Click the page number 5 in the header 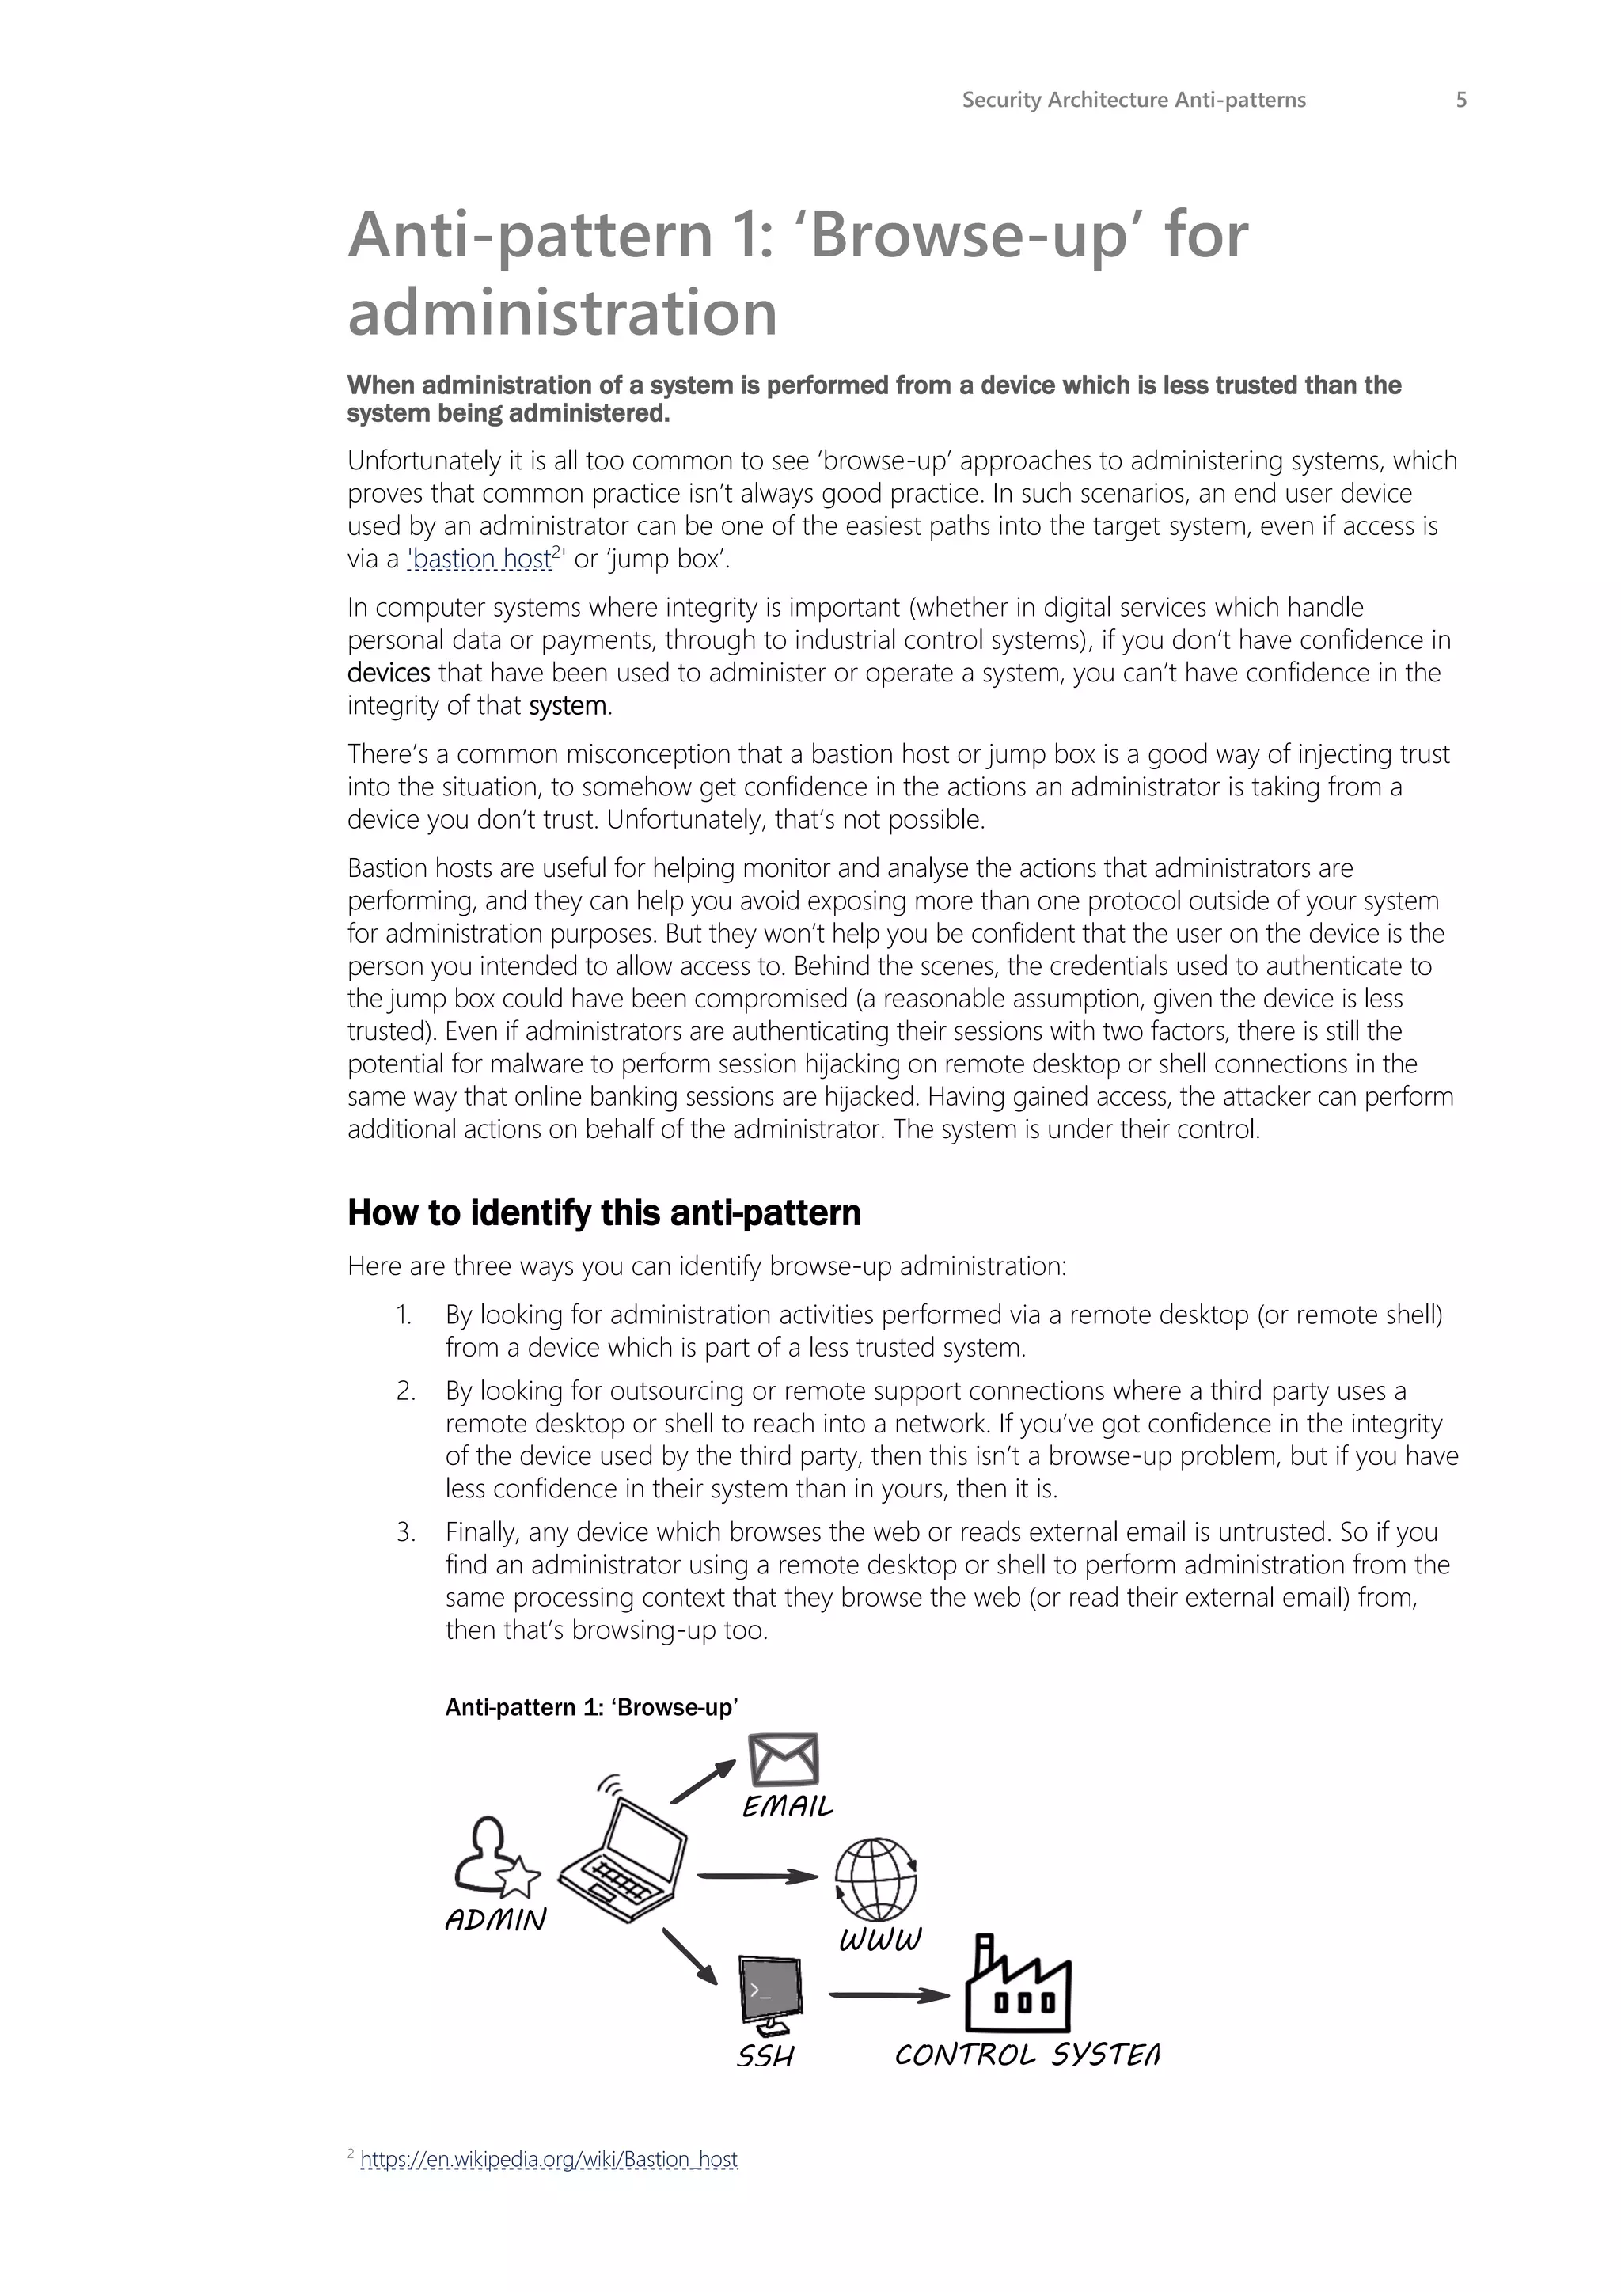(1460, 100)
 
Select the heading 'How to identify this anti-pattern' (603, 1213)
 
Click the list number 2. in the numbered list (405, 1391)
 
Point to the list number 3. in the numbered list (405, 1532)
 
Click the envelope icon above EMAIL (784, 1760)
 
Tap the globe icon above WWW (876, 1880)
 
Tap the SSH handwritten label (765, 2056)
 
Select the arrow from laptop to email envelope (703, 1782)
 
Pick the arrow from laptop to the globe (757, 1876)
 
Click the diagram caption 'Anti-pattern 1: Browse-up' (591, 1707)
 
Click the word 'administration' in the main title (562, 313)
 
